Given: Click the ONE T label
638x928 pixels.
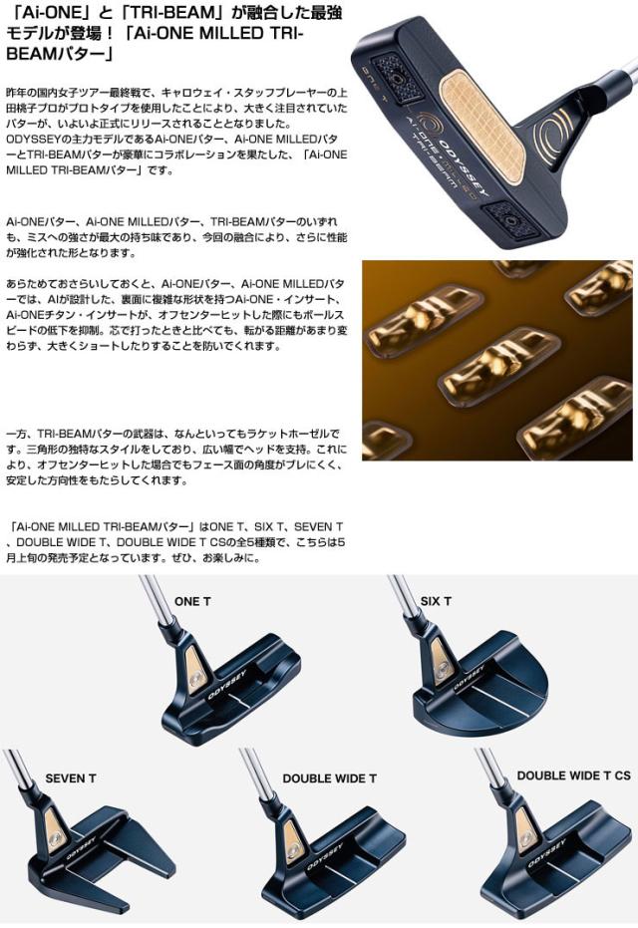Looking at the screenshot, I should click(192, 601).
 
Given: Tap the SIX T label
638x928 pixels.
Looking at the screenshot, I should click(436, 601).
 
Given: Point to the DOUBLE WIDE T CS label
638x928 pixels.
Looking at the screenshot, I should click(573, 774).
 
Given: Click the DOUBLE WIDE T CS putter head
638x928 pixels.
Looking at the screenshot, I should click(563, 867).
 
